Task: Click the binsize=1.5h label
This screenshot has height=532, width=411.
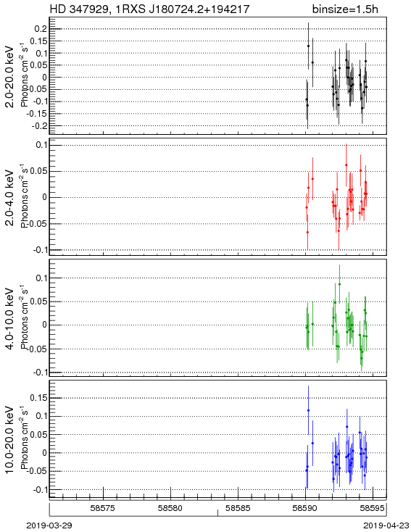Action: (x=345, y=9)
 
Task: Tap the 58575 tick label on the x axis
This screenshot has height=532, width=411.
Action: (x=103, y=508)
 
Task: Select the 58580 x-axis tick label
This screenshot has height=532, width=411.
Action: (x=170, y=508)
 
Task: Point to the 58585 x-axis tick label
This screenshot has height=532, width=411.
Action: (x=238, y=508)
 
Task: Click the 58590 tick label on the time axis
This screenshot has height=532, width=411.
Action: (x=305, y=508)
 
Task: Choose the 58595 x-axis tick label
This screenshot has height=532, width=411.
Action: (x=373, y=508)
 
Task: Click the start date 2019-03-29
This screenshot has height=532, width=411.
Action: (x=49, y=525)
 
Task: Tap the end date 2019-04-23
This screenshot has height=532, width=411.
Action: (x=386, y=525)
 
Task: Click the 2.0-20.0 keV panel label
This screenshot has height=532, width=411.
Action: (x=10, y=77)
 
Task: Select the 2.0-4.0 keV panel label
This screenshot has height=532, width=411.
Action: (x=10, y=198)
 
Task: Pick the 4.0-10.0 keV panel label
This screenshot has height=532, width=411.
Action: (x=10, y=319)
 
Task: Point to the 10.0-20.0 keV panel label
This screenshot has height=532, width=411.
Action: (x=10, y=440)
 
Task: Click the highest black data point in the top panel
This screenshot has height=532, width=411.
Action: (x=308, y=46)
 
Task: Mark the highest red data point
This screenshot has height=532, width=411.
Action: (x=346, y=165)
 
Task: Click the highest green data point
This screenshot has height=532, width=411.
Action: (x=339, y=284)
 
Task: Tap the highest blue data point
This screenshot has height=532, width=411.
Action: (x=308, y=410)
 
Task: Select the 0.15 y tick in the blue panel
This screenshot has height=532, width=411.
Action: (x=38, y=398)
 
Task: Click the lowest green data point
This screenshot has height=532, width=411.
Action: (x=362, y=358)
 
